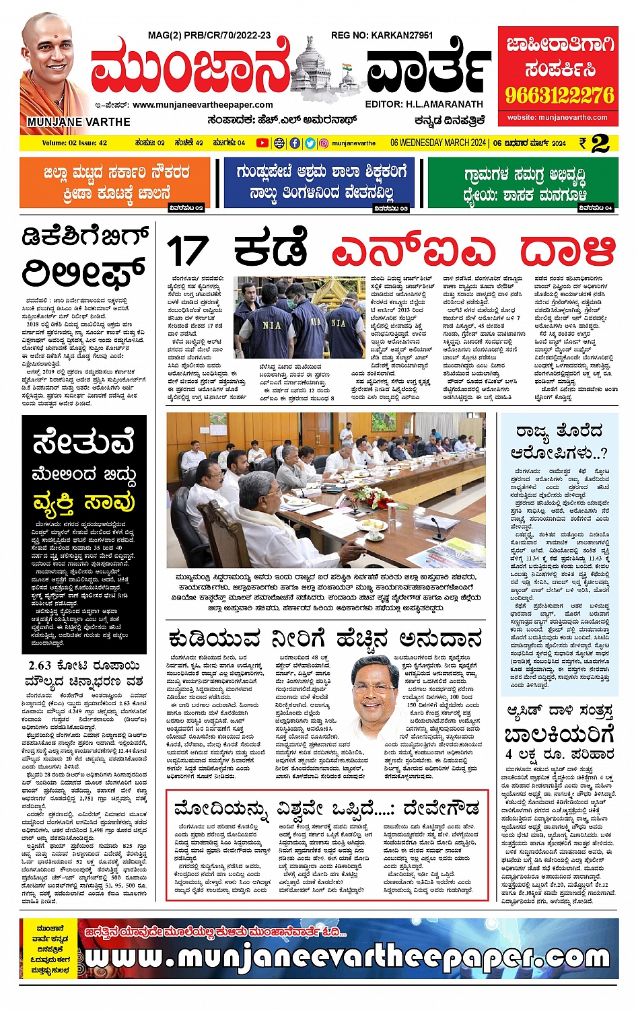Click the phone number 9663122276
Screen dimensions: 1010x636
pos(559,95)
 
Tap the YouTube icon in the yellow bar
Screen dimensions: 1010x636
pos(262,143)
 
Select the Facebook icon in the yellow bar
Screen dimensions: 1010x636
pos(295,143)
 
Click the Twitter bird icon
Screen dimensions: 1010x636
pos(310,143)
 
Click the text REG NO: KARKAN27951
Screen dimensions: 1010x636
pos(382,35)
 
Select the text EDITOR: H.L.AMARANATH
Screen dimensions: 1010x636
pos(424,104)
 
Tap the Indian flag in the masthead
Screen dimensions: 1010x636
pos(347,67)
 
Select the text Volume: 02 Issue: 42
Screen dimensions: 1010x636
pos(74,143)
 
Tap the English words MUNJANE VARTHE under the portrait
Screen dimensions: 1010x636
pos(79,122)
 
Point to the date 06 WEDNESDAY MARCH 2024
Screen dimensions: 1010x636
pos(437,143)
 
